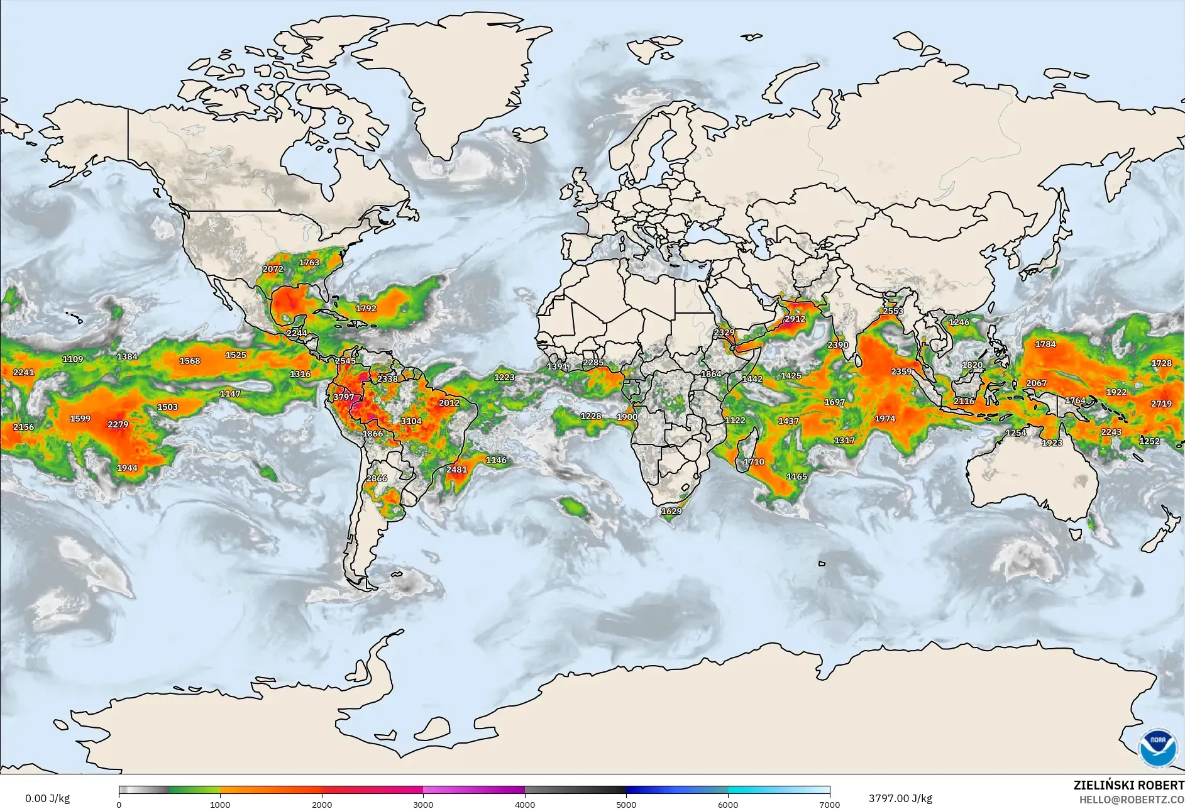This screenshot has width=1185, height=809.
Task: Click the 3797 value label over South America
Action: tap(343, 397)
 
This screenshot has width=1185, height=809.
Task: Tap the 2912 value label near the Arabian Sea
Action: tap(795, 319)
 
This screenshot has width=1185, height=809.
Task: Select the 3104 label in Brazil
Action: tap(411, 421)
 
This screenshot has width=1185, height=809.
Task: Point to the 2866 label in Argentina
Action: tap(377, 478)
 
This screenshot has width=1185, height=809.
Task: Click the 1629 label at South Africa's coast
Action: tap(671, 511)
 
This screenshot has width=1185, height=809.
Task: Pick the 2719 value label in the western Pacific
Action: tap(1161, 404)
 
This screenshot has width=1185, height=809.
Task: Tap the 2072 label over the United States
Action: tap(273, 269)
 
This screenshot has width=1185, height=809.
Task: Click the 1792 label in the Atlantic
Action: tap(366, 309)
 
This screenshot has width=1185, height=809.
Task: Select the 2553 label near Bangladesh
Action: tap(893, 311)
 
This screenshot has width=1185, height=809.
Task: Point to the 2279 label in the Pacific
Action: tap(118, 424)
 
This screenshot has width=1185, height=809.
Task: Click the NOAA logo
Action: tap(1158, 748)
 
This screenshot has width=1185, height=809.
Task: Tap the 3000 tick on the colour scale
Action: tap(423, 804)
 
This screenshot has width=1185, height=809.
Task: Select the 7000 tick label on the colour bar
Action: tap(829, 804)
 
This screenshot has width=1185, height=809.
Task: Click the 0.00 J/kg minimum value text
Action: tap(48, 798)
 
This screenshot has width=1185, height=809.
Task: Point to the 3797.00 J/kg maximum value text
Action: tap(900, 798)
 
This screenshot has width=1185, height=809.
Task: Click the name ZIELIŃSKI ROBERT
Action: tap(1128, 785)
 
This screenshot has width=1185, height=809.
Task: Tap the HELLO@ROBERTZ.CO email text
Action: tap(1132, 800)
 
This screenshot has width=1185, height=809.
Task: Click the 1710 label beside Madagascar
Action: tap(754, 462)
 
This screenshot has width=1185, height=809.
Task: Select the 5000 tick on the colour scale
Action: tap(626, 804)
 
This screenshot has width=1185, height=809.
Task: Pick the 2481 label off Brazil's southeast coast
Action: tap(456, 470)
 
